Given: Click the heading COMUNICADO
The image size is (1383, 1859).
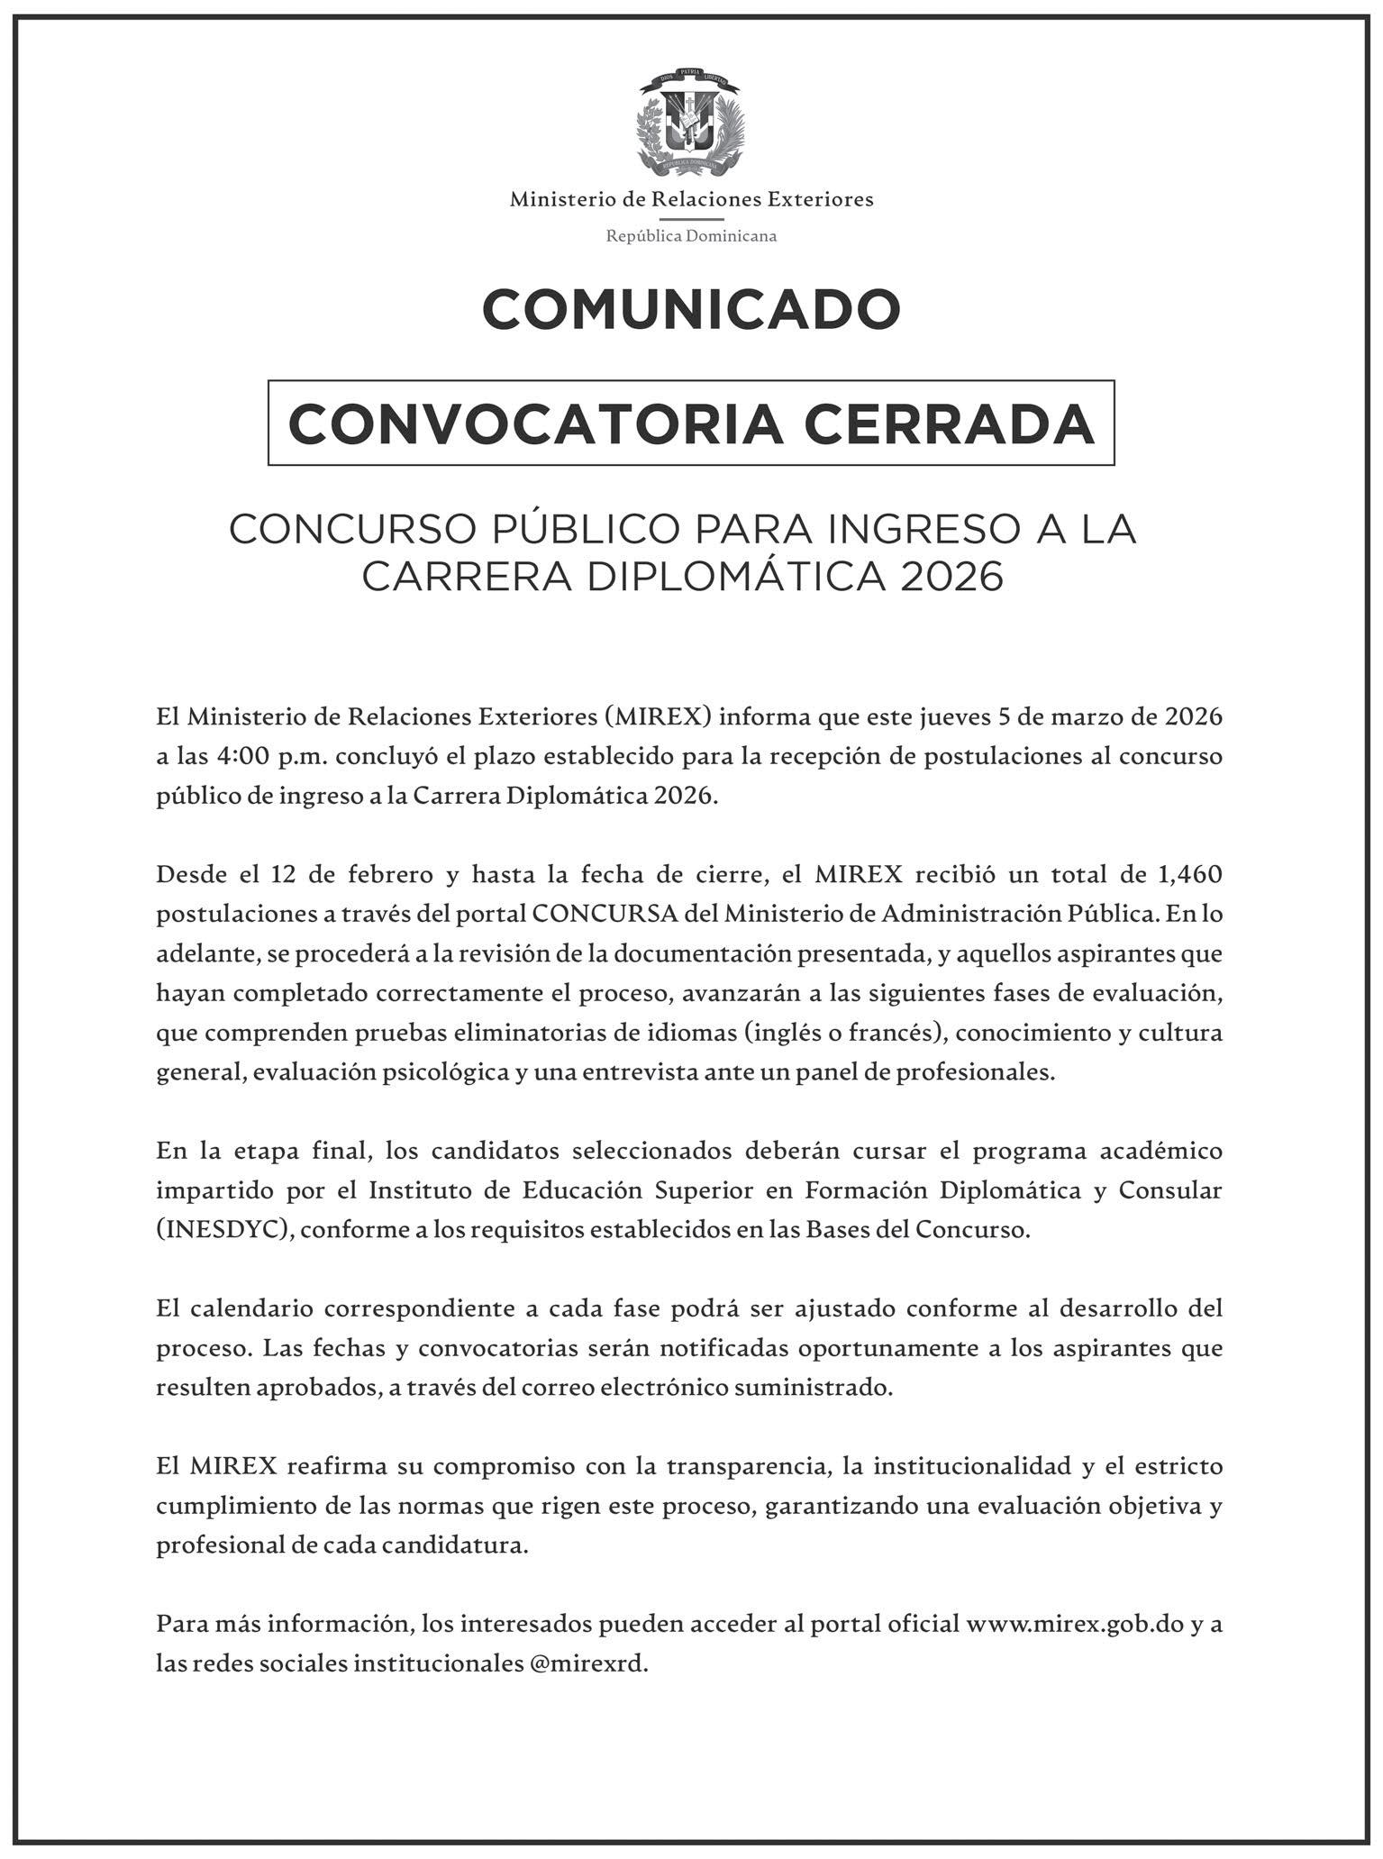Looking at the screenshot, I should point(691,310).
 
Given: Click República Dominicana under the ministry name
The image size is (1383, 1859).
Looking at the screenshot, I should point(691,236).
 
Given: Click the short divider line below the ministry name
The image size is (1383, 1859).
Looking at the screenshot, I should point(691,218).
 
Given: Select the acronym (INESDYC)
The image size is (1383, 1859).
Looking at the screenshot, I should point(225,1230).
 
